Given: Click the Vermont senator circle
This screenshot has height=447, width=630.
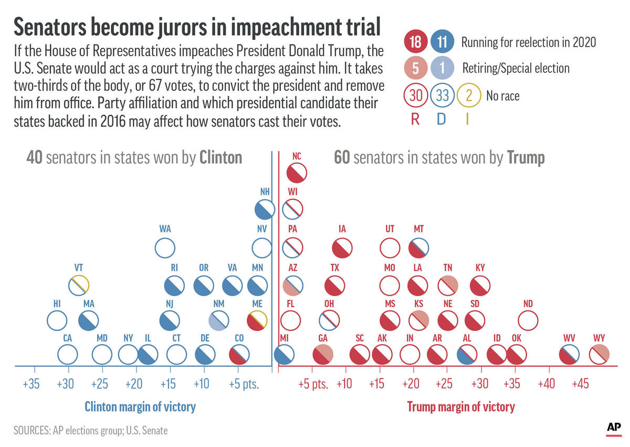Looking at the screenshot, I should tap(80, 285).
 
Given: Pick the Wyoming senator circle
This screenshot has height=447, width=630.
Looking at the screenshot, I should tap(598, 355).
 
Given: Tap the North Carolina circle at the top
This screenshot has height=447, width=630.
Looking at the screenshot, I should tap(297, 173).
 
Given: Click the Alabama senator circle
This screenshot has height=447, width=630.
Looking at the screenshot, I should tap(467, 355).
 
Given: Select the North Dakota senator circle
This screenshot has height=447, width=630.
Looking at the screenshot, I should tap(528, 320).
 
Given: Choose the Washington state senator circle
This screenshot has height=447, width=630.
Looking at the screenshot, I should tap(165, 247).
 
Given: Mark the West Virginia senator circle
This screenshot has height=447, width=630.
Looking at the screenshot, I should tap(569, 355).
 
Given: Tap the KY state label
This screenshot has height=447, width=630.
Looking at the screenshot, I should tap(480, 268).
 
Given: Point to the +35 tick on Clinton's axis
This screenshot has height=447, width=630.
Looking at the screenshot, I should tap(31, 384).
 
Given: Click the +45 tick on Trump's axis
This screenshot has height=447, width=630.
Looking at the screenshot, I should tap(580, 384).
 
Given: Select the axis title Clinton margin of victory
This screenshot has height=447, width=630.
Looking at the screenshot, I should tap(140, 407).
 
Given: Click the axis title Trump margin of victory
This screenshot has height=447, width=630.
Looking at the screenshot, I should tap(461, 407).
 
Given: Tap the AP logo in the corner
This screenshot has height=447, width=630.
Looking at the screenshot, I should tap(614, 427).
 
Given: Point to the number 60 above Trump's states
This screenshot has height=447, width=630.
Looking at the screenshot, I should tap(342, 158).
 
